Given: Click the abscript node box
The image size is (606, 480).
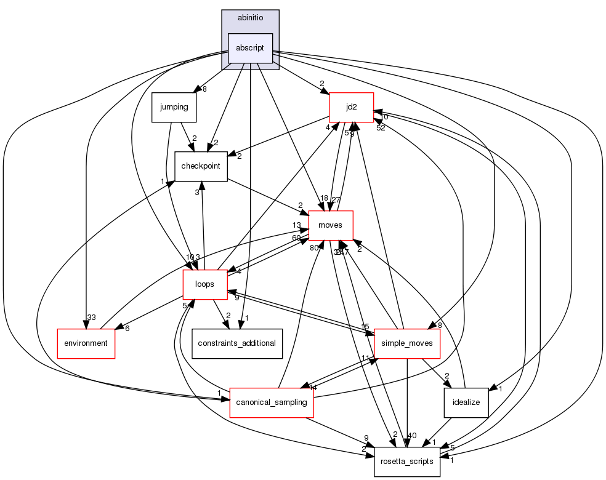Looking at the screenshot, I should pyautogui.click(x=250, y=48).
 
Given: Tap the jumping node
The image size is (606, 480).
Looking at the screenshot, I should pyautogui.click(x=174, y=107).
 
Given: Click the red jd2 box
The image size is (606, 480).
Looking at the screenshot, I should pyautogui.click(x=352, y=107).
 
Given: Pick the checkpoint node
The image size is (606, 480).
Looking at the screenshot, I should pyautogui.click(x=201, y=166).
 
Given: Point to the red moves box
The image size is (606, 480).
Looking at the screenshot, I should pyautogui.click(x=331, y=225).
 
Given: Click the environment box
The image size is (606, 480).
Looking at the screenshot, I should pyautogui.click(x=86, y=343).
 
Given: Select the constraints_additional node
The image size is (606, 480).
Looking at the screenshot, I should pyautogui.click(x=236, y=343).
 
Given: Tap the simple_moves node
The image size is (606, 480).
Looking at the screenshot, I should pyautogui.click(x=407, y=343).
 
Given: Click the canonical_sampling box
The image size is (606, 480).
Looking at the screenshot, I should pyautogui.click(x=272, y=402).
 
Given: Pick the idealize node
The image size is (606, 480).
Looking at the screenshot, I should pyautogui.click(x=466, y=402).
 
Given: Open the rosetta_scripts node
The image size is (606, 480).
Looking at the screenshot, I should pyautogui.click(x=407, y=461).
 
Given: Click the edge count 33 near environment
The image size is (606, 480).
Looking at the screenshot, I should pyautogui.click(x=91, y=318).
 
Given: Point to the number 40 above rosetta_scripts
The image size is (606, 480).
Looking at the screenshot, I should pyautogui.click(x=412, y=436).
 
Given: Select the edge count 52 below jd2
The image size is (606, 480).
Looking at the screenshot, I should pyautogui.click(x=381, y=128).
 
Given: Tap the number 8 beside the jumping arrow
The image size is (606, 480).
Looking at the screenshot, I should pyautogui.click(x=204, y=89).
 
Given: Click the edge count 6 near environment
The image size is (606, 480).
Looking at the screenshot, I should pyautogui.click(x=127, y=329).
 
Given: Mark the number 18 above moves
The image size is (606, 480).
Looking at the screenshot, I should pyautogui.click(x=324, y=198).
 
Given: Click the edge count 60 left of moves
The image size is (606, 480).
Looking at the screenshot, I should pyautogui.click(x=296, y=238).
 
